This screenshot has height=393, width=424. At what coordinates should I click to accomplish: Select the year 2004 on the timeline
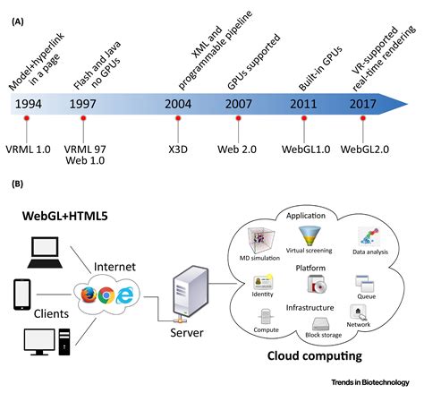point(179,104)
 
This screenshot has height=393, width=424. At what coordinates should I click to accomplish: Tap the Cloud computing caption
point(319,355)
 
